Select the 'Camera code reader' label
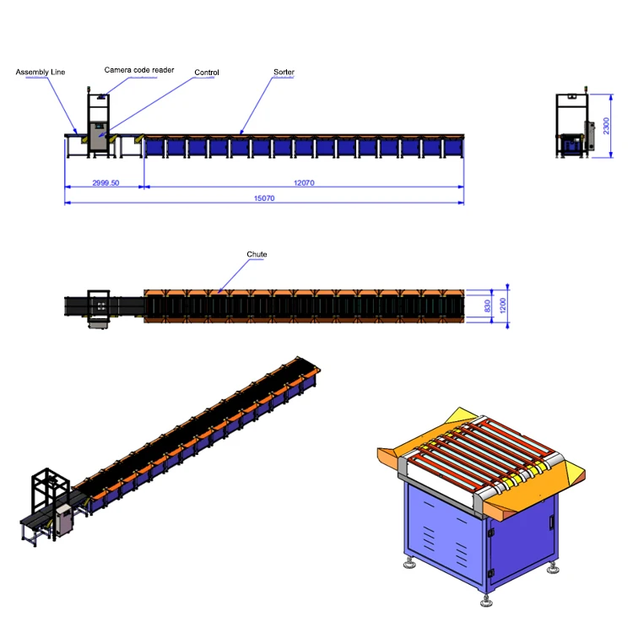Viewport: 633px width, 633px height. (x=139, y=69)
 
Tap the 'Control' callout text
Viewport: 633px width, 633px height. (x=207, y=73)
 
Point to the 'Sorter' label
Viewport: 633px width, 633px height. (x=284, y=73)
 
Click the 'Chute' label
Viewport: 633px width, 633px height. (x=257, y=254)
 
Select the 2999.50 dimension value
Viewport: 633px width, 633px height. (x=105, y=182)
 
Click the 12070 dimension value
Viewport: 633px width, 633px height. (x=304, y=182)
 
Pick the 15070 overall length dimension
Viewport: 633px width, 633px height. (x=264, y=198)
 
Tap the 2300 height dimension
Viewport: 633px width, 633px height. (x=606, y=126)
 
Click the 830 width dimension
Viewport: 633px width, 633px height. (x=487, y=305)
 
